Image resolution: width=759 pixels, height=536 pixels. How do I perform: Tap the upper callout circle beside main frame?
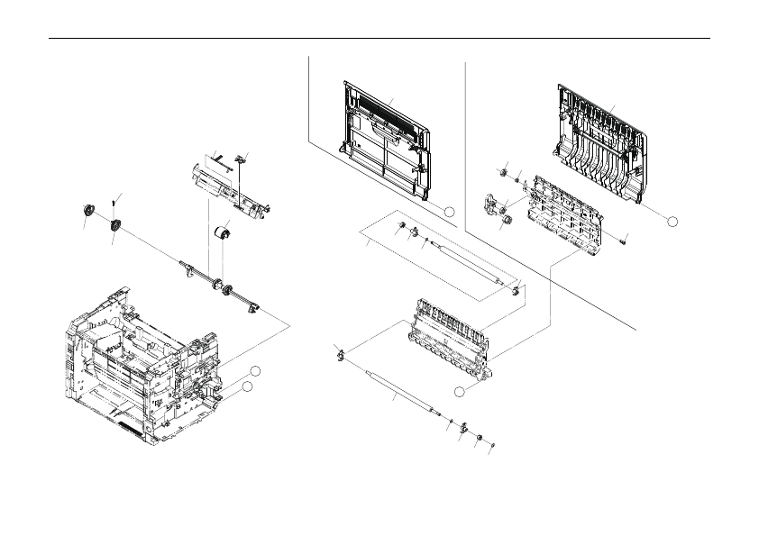click(256, 371)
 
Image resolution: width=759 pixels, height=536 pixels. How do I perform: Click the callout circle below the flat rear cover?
click(449, 210)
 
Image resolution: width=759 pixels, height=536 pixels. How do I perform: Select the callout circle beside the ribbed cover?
click(672, 221)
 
